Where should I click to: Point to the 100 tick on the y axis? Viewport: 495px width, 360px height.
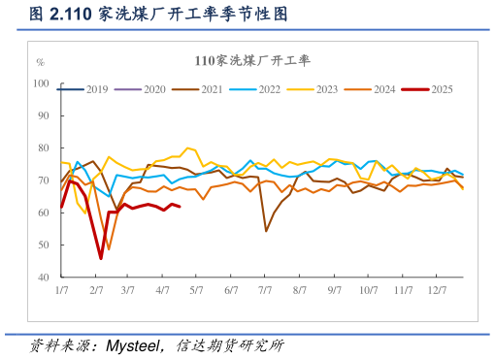click(x=41, y=83)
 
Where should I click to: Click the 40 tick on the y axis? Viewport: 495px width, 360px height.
click(x=44, y=277)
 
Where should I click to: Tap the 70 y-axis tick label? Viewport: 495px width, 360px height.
click(x=44, y=180)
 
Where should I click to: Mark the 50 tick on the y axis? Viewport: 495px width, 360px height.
click(x=44, y=245)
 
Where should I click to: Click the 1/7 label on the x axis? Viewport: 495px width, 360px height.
click(x=61, y=290)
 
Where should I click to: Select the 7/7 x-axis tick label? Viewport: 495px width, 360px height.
click(x=265, y=290)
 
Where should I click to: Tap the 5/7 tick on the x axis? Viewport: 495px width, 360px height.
click(x=196, y=290)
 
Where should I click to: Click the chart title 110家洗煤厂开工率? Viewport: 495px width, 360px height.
click(x=251, y=60)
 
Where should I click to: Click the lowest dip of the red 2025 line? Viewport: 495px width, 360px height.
click(x=101, y=258)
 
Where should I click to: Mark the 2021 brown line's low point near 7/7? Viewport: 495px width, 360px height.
click(x=266, y=231)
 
